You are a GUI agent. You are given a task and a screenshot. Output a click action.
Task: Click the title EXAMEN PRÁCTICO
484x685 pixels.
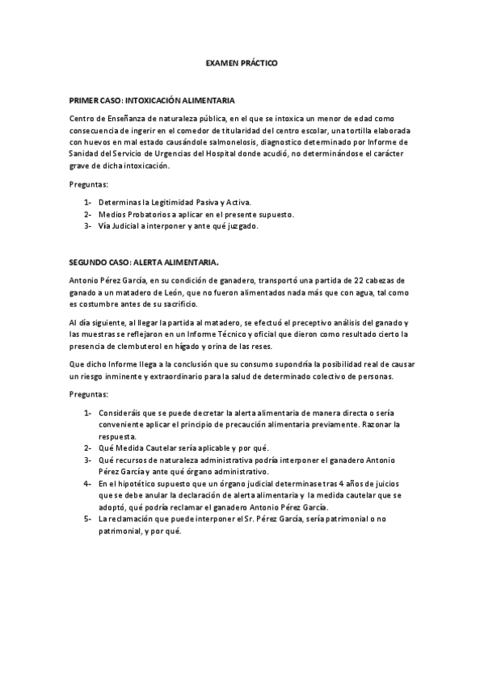click(x=242, y=62)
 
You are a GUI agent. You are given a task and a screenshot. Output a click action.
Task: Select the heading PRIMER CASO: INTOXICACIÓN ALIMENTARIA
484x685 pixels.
click(x=152, y=101)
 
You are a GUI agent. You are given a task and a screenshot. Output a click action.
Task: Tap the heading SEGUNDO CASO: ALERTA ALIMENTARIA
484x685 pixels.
click(x=144, y=262)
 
